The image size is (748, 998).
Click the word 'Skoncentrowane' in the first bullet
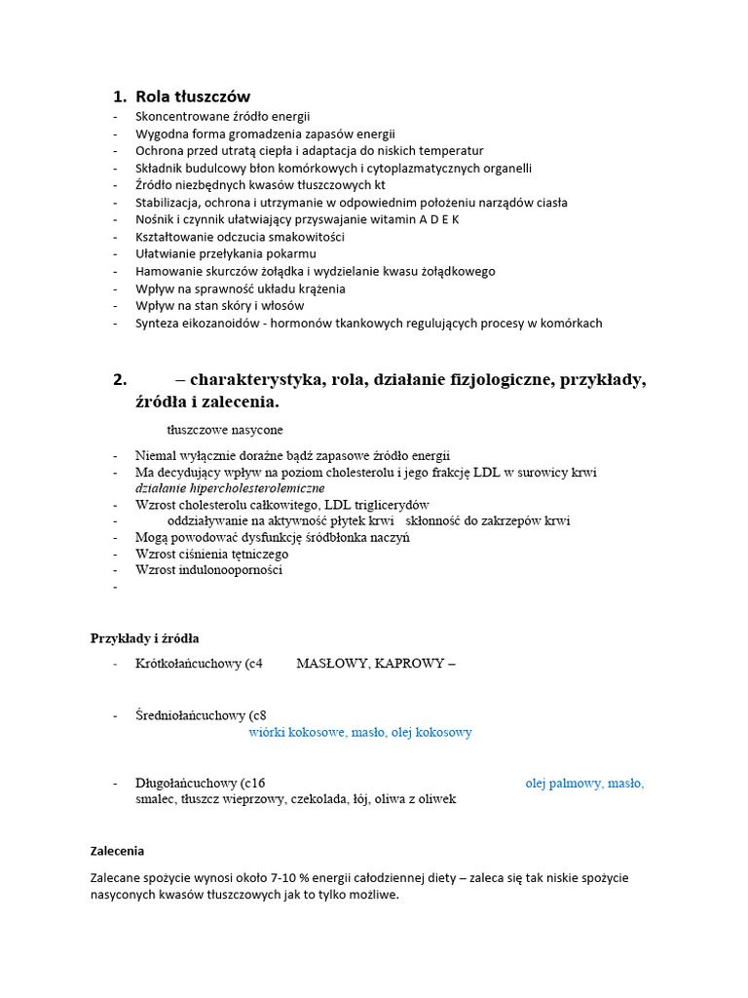pyautogui.click(x=180, y=116)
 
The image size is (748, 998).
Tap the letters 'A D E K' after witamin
pyautogui.click(x=439, y=219)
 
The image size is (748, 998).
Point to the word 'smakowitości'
pyautogui.click(x=306, y=237)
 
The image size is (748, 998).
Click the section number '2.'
pyautogui.click(x=121, y=380)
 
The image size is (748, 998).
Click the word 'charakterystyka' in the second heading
pyautogui.click(x=256, y=380)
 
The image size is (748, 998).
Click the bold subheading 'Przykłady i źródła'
pyautogui.click(x=145, y=638)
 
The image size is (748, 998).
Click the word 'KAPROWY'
pyautogui.click(x=410, y=664)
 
